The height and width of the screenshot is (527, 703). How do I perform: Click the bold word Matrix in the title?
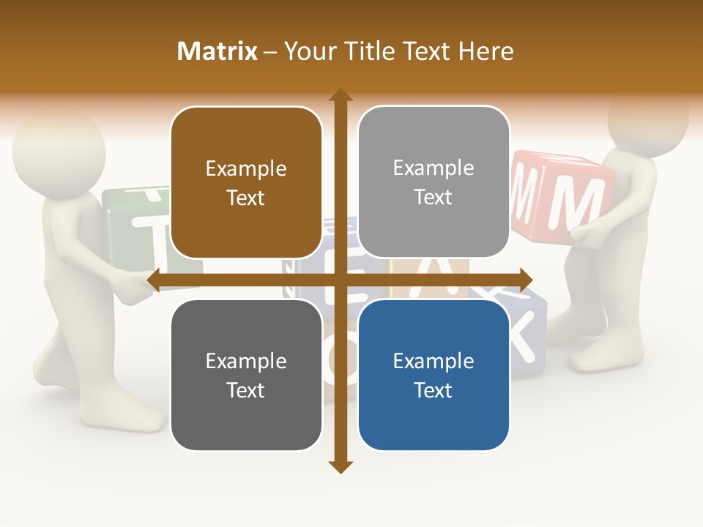[x=217, y=51]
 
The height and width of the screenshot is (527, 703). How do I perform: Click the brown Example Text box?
[x=246, y=183]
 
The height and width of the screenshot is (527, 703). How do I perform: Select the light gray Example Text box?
[x=434, y=182]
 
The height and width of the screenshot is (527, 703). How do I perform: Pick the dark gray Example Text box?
[x=246, y=375]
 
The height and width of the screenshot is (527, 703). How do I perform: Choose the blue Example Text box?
[x=434, y=375]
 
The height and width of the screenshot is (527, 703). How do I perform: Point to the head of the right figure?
[x=648, y=117]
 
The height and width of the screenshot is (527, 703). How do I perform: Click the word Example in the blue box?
[x=434, y=361]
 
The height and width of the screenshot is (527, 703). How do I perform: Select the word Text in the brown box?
[x=246, y=198]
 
